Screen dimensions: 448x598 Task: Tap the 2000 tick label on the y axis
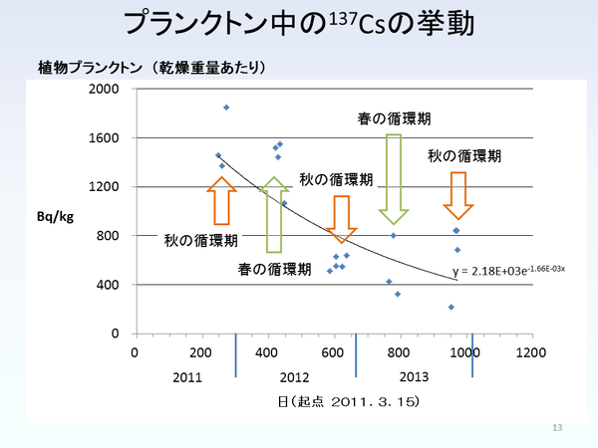[x=105, y=89]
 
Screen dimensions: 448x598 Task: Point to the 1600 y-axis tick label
[x=105, y=137]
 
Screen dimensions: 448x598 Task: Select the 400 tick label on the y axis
[x=109, y=285]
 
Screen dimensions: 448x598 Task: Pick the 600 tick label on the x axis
[x=333, y=352]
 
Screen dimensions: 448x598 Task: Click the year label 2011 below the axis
[x=187, y=378]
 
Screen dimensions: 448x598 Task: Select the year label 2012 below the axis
[x=294, y=378]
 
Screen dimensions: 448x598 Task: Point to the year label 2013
[x=414, y=378]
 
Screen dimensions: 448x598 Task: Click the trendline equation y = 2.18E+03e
[x=508, y=269]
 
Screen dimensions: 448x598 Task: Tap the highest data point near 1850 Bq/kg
[x=226, y=108]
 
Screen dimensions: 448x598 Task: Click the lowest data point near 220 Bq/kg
[x=451, y=307]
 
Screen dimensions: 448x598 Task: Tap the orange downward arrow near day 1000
[x=458, y=195]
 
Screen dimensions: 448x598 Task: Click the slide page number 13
[x=557, y=427]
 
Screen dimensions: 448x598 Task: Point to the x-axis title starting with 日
[x=333, y=401]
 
